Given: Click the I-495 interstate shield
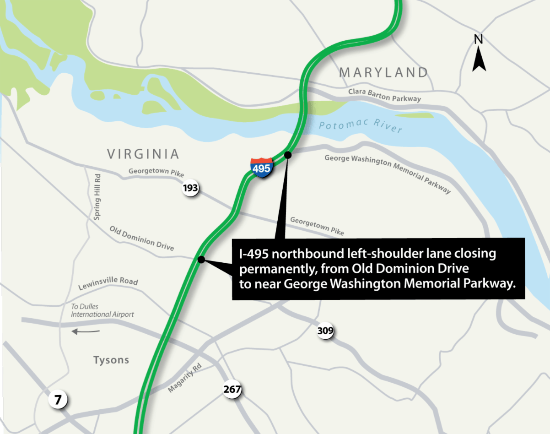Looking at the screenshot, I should [x=262, y=168].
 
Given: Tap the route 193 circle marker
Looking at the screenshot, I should [x=191, y=188].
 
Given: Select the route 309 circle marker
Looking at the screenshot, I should [x=325, y=331].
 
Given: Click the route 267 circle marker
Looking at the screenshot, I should [x=232, y=390].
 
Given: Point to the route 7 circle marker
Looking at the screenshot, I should [x=58, y=400].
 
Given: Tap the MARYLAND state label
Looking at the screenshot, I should [x=383, y=72].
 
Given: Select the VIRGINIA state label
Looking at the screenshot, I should [x=143, y=154].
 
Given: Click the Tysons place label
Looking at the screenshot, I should [x=111, y=360].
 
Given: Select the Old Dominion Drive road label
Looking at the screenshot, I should [x=142, y=238].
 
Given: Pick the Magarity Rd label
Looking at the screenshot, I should [x=184, y=381].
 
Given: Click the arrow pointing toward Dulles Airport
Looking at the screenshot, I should [x=86, y=331].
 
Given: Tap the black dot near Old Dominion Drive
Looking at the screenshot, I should [x=201, y=260].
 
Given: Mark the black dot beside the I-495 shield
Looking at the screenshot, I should [x=288, y=155].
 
